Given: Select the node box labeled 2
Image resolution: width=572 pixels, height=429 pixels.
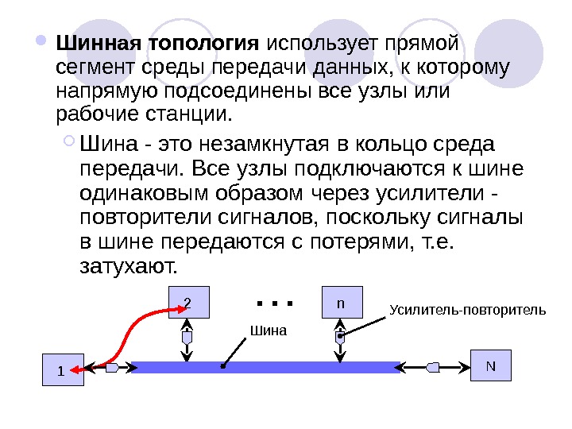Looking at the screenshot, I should click(x=188, y=302).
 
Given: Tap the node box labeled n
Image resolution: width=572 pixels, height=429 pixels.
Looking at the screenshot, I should click(x=340, y=303).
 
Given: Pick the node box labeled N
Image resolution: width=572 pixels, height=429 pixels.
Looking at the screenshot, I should click(x=491, y=365).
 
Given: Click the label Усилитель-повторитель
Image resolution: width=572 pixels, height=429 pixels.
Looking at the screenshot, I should click(x=468, y=308).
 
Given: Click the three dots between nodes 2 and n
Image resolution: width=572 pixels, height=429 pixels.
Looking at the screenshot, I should click(x=276, y=303).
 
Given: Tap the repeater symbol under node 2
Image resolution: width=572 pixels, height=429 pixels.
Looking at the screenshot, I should click(x=188, y=337).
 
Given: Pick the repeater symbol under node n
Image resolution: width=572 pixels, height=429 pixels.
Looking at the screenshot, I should click(x=340, y=337).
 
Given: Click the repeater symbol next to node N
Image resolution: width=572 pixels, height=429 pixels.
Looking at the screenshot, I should click(x=433, y=367).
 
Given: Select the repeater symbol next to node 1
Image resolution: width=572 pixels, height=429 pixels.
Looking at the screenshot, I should click(x=111, y=368).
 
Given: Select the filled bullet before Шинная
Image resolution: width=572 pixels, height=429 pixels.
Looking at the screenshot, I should click(x=42, y=39).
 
